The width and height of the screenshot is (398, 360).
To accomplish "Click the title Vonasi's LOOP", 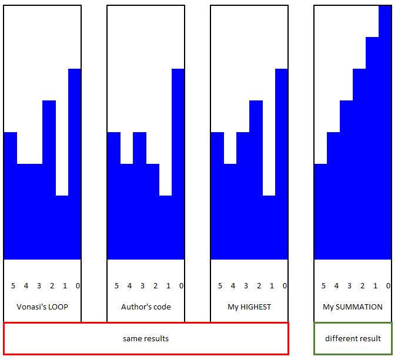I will [x=42, y=307].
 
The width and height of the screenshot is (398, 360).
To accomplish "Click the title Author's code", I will [x=146, y=307].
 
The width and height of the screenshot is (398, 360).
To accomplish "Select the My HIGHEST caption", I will [x=249, y=307].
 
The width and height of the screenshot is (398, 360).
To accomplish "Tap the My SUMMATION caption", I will [x=353, y=307].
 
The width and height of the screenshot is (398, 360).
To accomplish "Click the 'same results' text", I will [x=146, y=339].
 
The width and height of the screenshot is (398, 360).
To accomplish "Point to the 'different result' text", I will [x=353, y=339].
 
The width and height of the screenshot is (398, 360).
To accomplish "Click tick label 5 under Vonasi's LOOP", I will [x=13, y=286].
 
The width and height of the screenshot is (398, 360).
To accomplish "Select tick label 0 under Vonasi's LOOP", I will [x=78, y=286].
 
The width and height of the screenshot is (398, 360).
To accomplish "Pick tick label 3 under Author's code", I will [x=142, y=286].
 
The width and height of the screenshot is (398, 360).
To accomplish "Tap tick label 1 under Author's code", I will [x=168, y=286].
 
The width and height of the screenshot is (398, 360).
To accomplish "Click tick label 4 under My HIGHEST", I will [x=233, y=286].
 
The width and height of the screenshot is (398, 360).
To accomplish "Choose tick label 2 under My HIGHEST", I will [x=259, y=286].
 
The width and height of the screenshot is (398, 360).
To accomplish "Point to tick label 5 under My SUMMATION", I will [x=323, y=286].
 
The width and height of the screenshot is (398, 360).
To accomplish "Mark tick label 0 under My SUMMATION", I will [x=388, y=286].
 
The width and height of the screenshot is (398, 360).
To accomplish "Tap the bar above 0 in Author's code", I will [x=178, y=164].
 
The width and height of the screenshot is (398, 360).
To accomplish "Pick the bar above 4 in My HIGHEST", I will [x=230, y=211].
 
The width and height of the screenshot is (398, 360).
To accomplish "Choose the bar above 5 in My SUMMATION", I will [x=320, y=211].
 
